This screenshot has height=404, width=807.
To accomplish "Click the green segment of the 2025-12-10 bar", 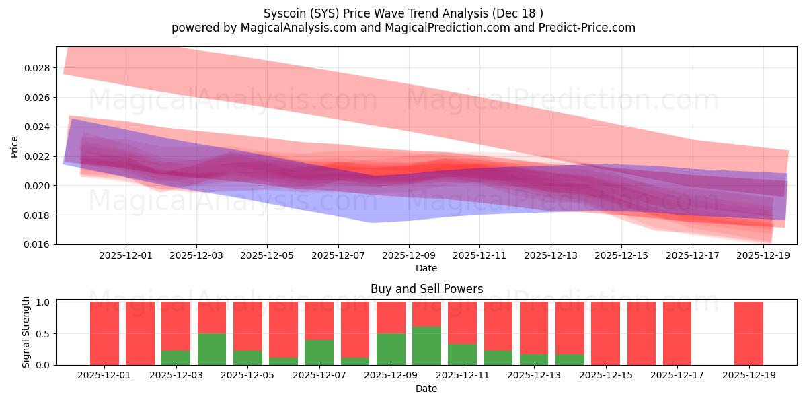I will [426, 346].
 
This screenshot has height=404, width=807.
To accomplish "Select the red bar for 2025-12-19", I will [748, 333].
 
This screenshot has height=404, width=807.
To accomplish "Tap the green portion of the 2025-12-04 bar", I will [211, 349].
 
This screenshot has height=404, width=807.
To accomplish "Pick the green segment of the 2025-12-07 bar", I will [319, 352].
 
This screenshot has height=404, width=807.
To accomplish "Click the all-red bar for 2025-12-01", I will [104, 333].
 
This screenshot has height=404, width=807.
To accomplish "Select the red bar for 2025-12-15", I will [605, 333].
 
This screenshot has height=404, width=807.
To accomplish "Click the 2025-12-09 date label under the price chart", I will [408, 256].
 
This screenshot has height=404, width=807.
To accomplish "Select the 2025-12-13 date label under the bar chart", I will [534, 376].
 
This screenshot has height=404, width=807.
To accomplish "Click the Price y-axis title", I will [14, 146].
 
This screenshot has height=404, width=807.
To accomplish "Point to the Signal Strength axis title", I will [26, 333].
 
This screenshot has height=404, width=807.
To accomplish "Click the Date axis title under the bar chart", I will [426, 389].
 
